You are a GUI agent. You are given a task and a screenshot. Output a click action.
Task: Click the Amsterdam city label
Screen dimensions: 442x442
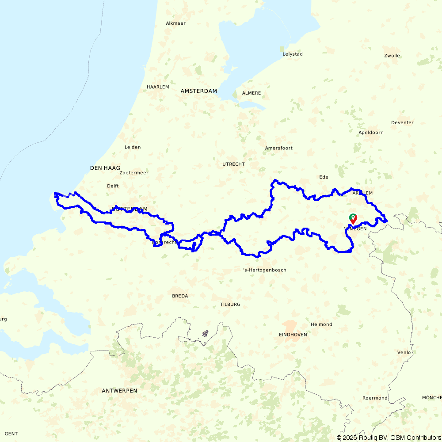click(x=198, y=91)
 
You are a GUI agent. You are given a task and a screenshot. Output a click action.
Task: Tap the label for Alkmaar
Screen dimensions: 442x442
click(x=175, y=23)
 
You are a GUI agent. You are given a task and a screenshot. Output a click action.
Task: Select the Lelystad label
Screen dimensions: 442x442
click(x=293, y=54)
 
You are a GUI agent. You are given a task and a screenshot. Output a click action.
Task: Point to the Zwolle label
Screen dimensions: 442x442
click(x=392, y=56)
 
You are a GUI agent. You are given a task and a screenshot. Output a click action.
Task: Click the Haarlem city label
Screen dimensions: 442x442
click(x=158, y=87)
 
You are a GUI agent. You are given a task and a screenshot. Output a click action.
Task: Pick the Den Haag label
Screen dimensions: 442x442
click(x=105, y=168)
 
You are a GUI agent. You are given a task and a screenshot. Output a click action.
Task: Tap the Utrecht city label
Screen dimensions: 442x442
click(x=233, y=164)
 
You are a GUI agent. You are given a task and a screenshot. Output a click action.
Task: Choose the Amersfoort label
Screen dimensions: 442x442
click(x=278, y=148)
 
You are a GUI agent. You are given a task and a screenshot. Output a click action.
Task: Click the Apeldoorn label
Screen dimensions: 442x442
click(x=371, y=133)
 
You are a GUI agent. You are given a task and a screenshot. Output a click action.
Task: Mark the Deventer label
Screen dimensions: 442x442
click(x=402, y=122)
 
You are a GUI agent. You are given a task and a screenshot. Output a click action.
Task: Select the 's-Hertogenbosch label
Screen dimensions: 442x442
click(x=265, y=270)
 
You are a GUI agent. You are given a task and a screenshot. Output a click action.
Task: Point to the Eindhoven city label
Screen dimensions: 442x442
click(x=293, y=335)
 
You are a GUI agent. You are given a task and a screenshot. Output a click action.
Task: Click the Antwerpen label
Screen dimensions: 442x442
click(x=119, y=391)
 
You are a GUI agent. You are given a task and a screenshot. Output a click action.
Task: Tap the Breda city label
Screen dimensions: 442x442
click(x=180, y=296)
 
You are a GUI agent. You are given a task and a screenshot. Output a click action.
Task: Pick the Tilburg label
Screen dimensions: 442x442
click(x=230, y=305)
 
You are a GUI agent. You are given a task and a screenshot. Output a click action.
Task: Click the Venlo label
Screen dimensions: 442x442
click(x=404, y=352)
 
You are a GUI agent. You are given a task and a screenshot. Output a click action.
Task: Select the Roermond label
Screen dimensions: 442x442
click(x=375, y=398)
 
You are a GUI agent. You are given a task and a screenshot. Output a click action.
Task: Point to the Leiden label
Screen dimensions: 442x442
click(x=133, y=147)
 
